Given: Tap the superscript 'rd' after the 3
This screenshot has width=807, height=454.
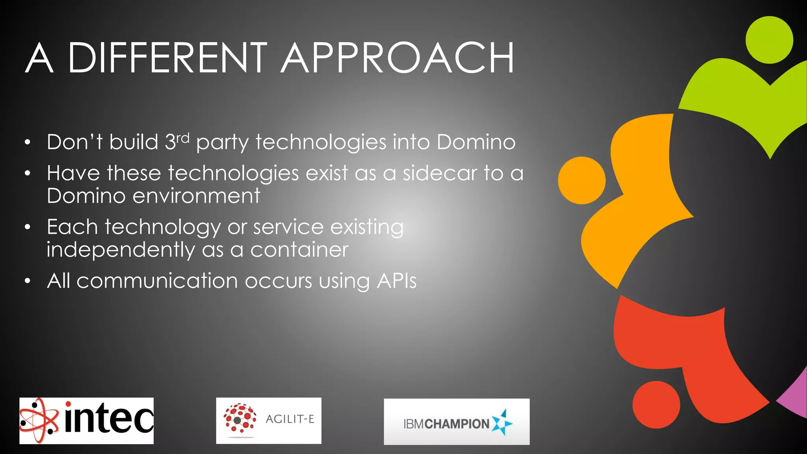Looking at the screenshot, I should pos(183,138).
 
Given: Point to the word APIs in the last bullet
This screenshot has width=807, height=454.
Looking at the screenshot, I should pos(396,281).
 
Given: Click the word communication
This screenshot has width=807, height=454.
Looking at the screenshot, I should pos(157,281).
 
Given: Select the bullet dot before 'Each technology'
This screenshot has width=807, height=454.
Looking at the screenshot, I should pos(27,227).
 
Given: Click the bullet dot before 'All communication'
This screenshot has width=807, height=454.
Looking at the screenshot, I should pos(27,281).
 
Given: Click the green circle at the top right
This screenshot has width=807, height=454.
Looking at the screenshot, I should pos(769,40).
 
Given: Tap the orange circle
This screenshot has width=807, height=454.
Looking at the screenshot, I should pos(582,180).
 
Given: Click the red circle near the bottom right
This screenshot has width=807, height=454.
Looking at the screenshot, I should pos(656,404).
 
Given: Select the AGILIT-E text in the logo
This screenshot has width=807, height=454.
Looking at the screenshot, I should pos(290,419).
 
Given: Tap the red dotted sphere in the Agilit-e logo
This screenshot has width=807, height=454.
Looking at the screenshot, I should pos(240,419).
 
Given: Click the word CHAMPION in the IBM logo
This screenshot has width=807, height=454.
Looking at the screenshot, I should pos(457,424).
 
